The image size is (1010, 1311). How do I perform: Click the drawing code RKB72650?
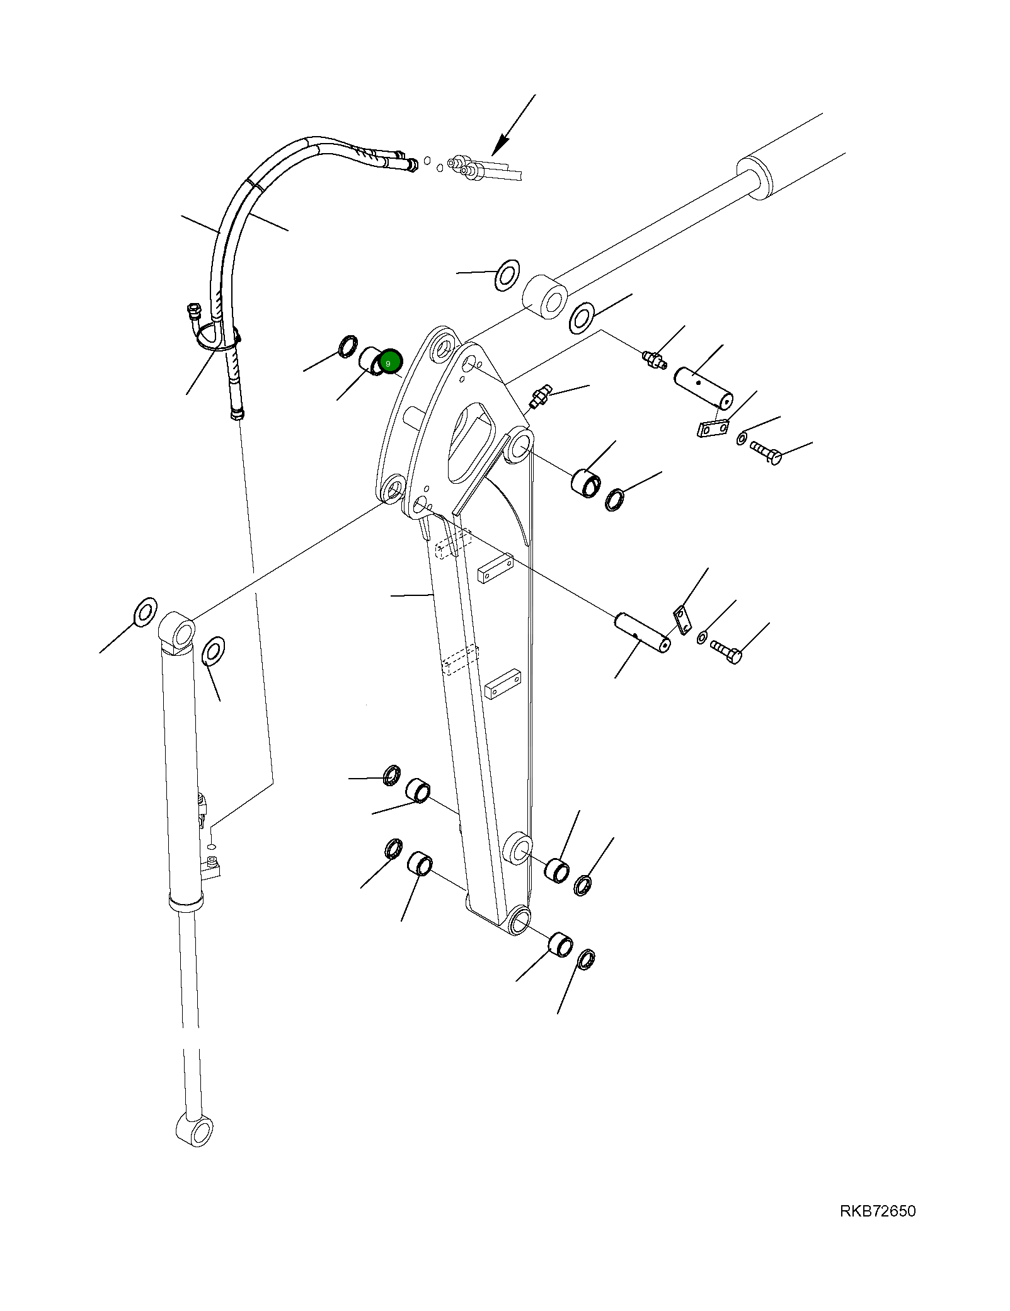point(877,1211)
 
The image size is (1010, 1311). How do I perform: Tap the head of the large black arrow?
point(498,149)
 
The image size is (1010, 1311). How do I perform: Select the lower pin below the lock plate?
point(642,633)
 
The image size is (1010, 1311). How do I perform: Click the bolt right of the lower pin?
point(726,651)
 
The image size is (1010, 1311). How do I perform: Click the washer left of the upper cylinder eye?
point(507,275)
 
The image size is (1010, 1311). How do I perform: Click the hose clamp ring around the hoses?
point(215,337)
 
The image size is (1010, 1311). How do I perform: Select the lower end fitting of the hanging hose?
point(237,413)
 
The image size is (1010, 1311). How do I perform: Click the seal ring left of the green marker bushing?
point(347,346)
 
